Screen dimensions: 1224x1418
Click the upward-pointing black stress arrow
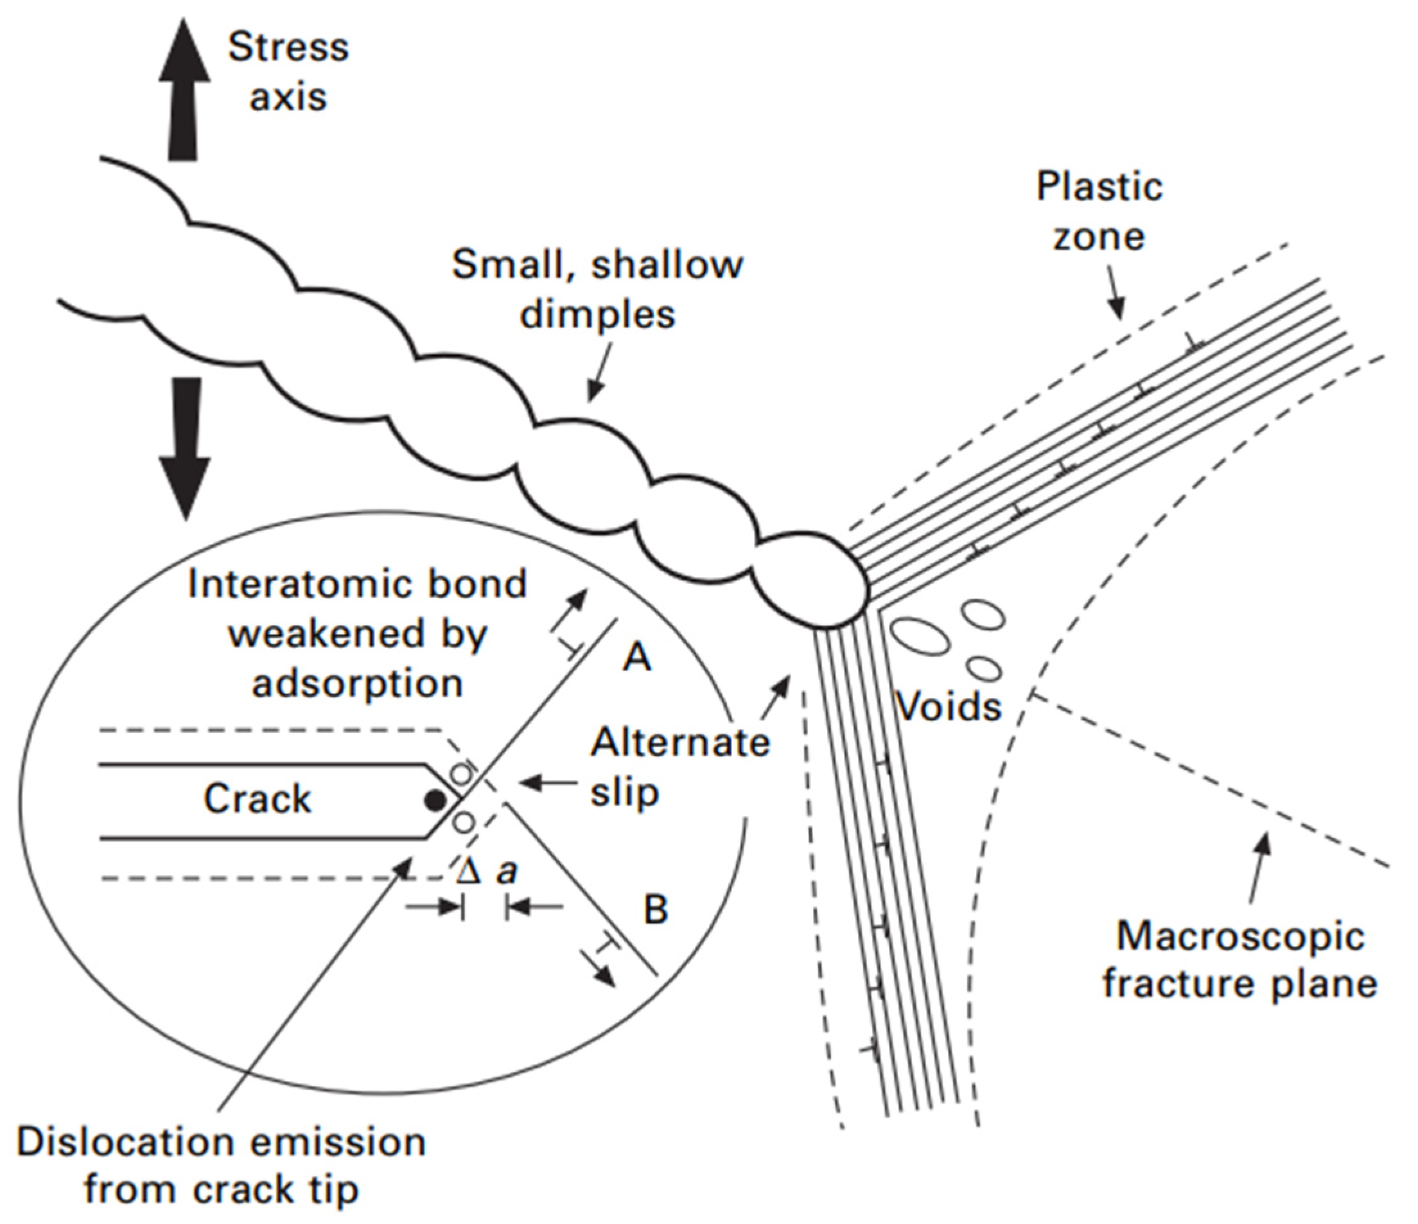tap(184, 89)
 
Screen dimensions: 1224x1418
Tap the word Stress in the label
tap(288, 48)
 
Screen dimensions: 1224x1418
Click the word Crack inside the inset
tap(258, 798)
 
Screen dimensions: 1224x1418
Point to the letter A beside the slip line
tap(636, 658)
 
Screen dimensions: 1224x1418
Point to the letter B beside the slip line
tap(656, 909)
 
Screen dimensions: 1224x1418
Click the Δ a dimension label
tap(487, 871)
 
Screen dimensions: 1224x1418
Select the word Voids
tap(949, 705)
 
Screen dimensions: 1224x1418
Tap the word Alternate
tap(679, 742)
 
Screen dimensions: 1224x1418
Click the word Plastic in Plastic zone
tap(1099, 186)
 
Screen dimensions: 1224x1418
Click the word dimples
tap(597, 315)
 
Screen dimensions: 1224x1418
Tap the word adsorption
tap(357, 683)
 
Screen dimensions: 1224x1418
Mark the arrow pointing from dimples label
tap(598, 373)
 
